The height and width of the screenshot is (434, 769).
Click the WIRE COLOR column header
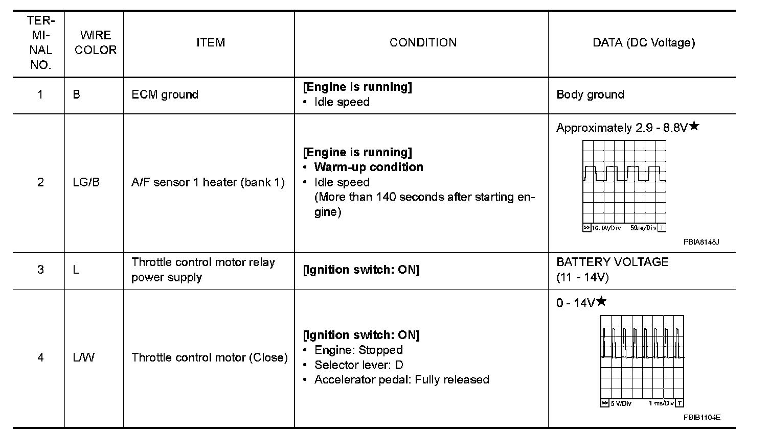click(95, 42)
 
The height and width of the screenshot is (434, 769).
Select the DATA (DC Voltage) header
click(644, 42)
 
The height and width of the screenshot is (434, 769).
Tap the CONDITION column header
click(423, 42)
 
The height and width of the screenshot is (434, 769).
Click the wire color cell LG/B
click(86, 182)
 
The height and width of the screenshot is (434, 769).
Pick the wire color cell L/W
click(83, 357)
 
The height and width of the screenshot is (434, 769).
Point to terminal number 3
click(40, 270)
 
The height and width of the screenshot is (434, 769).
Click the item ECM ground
click(165, 94)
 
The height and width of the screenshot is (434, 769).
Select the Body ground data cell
click(590, 94)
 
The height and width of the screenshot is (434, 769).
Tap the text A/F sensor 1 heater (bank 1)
click(208, 182)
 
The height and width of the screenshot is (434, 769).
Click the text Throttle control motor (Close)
click(210, 357)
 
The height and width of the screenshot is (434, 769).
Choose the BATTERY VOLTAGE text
click(612, 262)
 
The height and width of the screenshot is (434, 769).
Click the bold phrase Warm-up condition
click(368, 167)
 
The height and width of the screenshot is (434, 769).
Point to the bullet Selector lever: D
click(358, 365)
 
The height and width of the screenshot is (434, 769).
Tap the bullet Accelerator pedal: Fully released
click(401, 379)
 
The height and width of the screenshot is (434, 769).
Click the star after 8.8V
click(693, 126)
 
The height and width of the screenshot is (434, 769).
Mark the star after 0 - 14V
click(601, 301)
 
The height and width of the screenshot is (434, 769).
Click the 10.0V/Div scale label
click(606, 228)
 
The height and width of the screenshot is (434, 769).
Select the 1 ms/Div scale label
click(661, 403)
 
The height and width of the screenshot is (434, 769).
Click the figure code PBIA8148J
click(701, 242)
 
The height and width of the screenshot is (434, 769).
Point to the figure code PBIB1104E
click(702, 417)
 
